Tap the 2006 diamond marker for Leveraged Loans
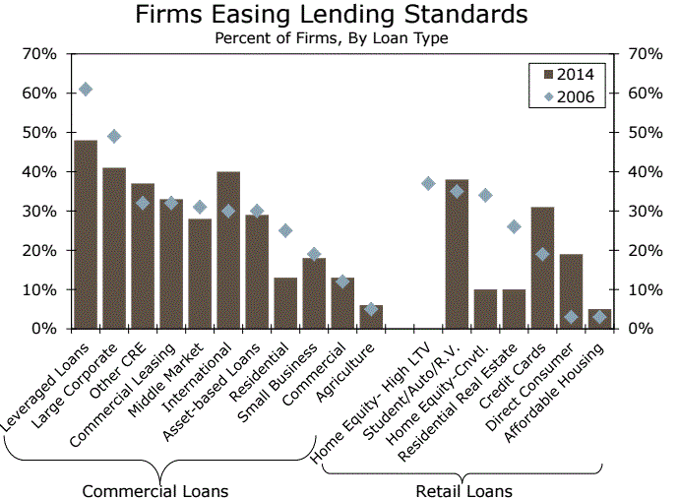tap(86, 90)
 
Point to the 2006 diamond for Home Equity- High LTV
tap(428, 183)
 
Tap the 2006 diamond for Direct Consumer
tap(571, 317)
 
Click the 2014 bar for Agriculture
tap(371, 317)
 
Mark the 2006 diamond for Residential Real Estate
tap(514, 226)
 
